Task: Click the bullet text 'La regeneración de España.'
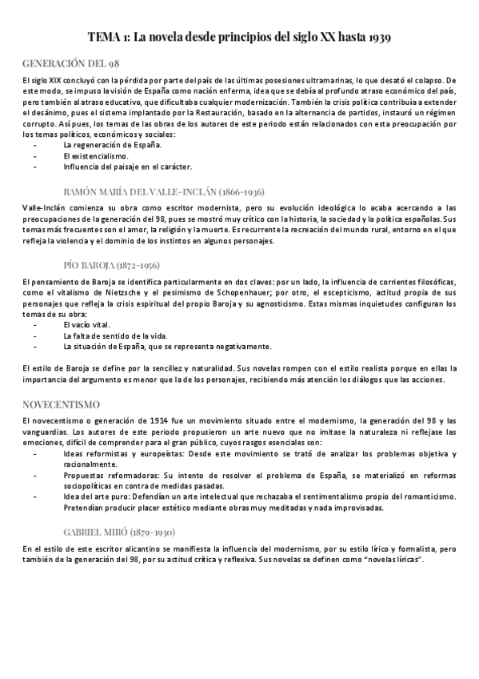pyautogui.click(x=112, y=145)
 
